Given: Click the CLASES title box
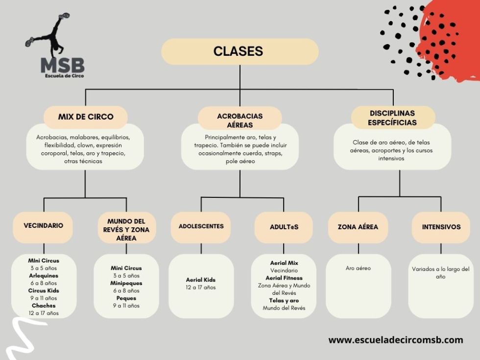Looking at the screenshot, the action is [x=240, y=51].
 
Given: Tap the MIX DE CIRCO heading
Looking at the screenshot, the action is [x=85, y=117].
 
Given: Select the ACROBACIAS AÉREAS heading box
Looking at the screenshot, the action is [x=240, y=118].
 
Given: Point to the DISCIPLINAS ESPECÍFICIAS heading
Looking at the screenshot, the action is [x=393, y=118].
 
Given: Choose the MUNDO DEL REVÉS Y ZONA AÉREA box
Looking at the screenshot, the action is [x=126, y=228].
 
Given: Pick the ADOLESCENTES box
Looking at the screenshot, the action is [x=201, y=227].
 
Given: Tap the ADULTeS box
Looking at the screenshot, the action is [x=284, y=227].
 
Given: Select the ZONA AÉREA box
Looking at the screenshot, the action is [x=358, y=227].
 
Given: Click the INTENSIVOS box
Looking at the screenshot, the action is [x=441, y=227].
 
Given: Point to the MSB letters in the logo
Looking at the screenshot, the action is [x=63, y=65].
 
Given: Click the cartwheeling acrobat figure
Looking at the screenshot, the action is [x=49, y=34].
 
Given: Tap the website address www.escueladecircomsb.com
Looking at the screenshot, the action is [x=396, y=340].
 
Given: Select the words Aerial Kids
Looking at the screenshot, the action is [x=201, y=280].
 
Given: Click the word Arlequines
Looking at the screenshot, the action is [x=44, y=276].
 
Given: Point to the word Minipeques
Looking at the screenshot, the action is [x=126, y=283].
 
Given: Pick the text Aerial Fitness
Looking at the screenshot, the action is [x=284, y=278].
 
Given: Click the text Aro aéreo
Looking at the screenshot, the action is [x=358, y=268].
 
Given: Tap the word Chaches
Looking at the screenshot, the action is [x=44, y=306].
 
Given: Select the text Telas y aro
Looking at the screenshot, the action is [x=284, y=301].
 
